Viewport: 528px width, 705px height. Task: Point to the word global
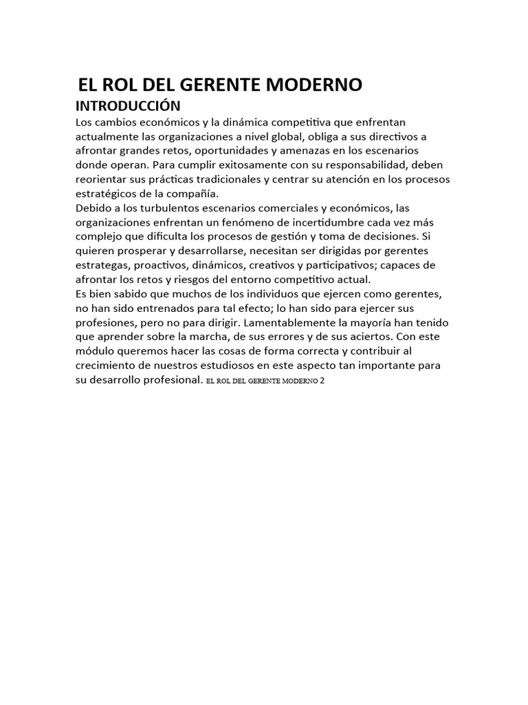click(312, 136)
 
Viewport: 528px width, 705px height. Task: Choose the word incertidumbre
click(322, 222)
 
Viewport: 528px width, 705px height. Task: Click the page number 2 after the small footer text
click(322, 381)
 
